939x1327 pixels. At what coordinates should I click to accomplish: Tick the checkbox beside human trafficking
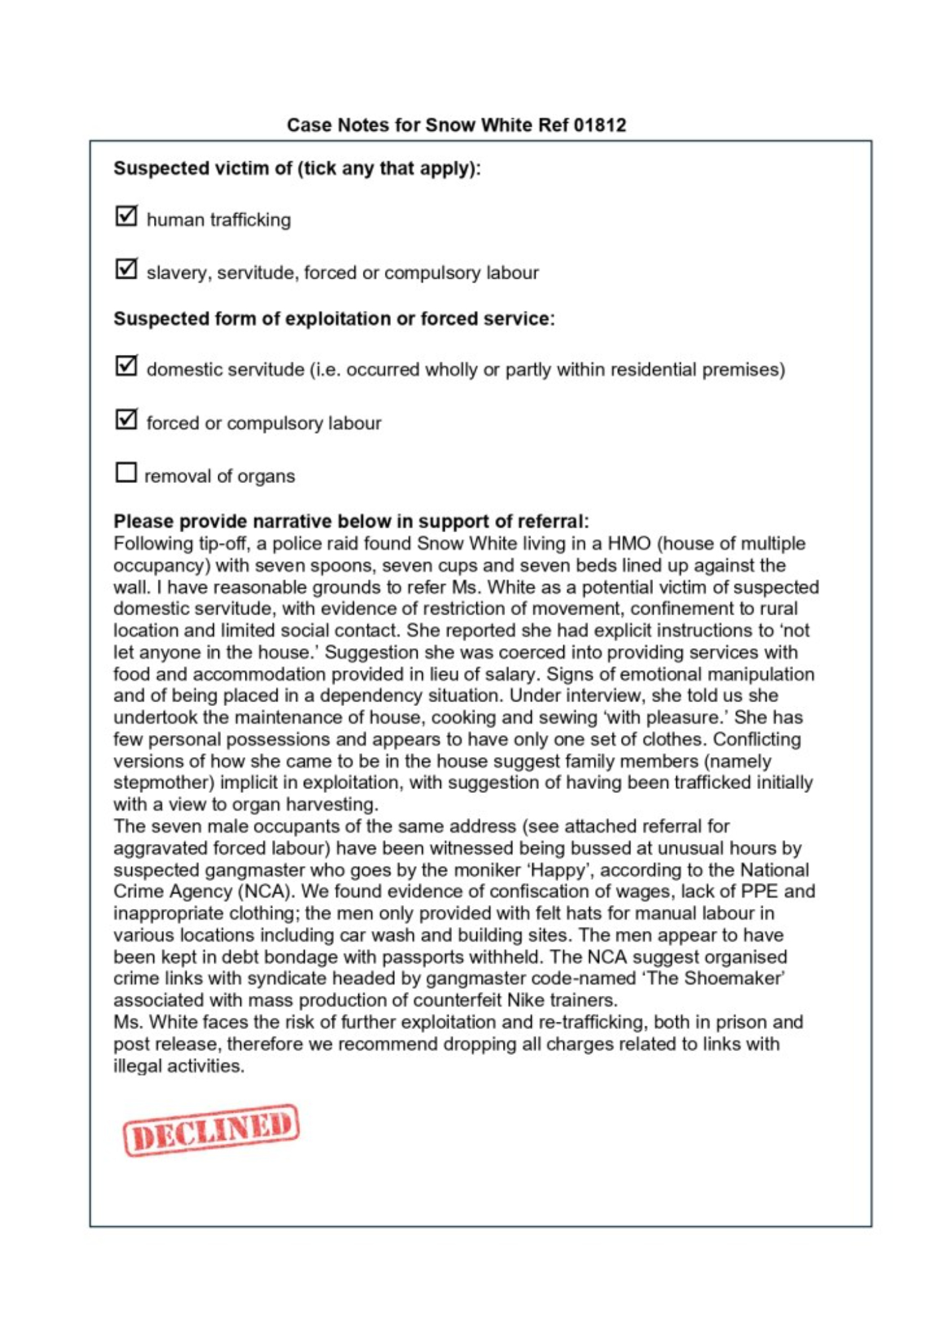[126, 216]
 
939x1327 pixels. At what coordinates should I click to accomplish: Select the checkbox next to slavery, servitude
[126, 269]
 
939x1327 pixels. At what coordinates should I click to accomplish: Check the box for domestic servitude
[126, 366]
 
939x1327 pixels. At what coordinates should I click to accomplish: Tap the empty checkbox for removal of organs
[125, 472]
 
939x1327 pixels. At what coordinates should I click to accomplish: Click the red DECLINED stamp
[211, 1129]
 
